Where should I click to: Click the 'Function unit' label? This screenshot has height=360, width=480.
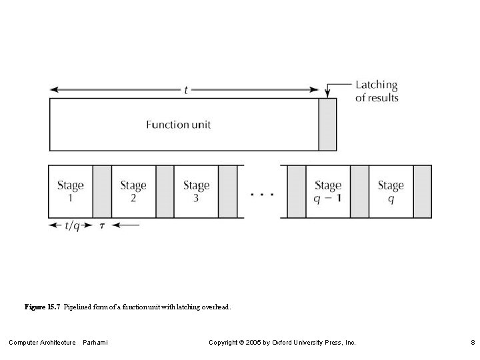click(x=178, y=125)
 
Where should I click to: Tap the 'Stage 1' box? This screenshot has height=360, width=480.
click(x=70, y=191)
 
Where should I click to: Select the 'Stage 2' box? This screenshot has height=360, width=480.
click(x=133, y=191)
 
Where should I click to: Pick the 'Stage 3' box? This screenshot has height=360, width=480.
click(x=196, y=191)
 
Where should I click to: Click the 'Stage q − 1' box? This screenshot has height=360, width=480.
click(x=327, y=191)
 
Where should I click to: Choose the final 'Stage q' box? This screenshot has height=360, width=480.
click(x=391, y=191)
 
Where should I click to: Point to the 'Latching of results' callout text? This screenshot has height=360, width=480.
click(x=377, y=91)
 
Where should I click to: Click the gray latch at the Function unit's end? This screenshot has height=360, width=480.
click(x=327, y=125)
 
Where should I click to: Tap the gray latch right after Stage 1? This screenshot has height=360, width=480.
click(x=102, y=191)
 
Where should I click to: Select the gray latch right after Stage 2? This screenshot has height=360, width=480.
click(x=165, y=191)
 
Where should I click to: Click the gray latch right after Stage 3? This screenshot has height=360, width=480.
click(x=227, y=191)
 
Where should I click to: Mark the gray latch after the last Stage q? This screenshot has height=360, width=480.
click(x=422, y=191)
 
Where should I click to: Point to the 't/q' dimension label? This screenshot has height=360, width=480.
click(x=71, y=225)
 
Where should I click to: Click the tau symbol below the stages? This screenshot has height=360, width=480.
click(x=102, y=226)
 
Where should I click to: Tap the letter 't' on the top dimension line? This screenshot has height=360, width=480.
click(x=185, y=90)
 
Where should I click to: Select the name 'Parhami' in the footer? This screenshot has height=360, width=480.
click(x=95, y=343)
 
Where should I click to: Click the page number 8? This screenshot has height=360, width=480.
click(x=472, y=343)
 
